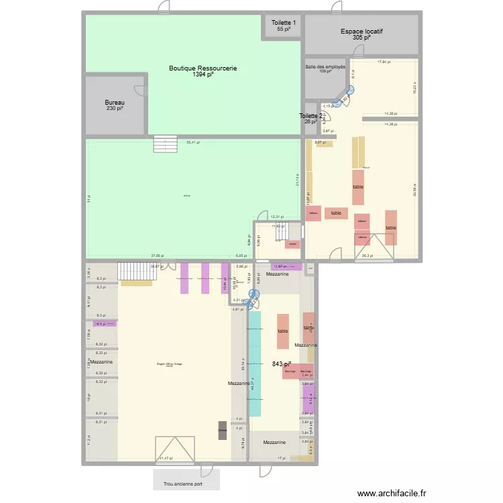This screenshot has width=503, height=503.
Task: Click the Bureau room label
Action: pos(115,103)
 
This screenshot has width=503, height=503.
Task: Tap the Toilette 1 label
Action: pos(283,23)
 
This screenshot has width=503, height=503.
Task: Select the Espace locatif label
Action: pos(362,31)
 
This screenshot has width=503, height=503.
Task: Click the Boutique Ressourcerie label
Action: pos(203,68)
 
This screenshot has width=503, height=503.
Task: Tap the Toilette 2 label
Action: pos(311,116)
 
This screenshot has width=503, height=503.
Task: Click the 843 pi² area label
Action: pos(281,364)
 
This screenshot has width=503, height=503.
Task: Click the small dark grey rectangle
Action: pos(222,431)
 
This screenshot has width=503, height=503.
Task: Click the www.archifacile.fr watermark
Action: pos(392,493)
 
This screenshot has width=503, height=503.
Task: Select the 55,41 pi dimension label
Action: pos(192,142)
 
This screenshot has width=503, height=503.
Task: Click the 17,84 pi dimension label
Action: pos(383,62)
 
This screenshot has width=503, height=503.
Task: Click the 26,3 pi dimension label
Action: pos(367,256)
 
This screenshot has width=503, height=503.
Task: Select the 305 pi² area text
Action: pos(361,38)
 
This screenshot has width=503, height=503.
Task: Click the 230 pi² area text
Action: pos(115,109)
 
